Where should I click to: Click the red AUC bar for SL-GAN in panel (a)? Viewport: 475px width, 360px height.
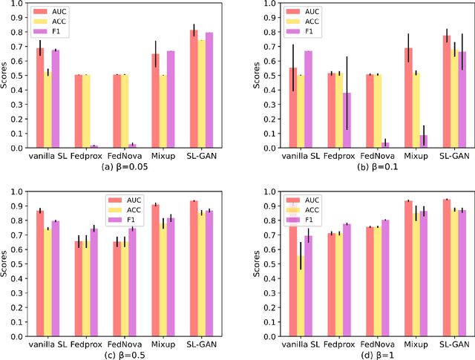tap(193, 89)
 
